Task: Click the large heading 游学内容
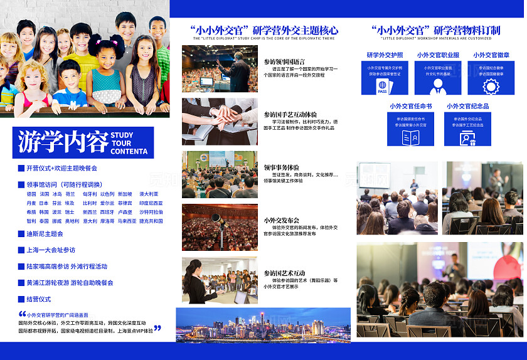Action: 63,142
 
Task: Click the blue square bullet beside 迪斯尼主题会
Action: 21,234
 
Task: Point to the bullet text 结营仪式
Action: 39,299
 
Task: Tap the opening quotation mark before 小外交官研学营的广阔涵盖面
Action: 22,314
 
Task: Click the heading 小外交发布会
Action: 281,220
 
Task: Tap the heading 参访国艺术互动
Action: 284,273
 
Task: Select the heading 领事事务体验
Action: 281,167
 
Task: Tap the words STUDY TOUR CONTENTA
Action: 130,143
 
